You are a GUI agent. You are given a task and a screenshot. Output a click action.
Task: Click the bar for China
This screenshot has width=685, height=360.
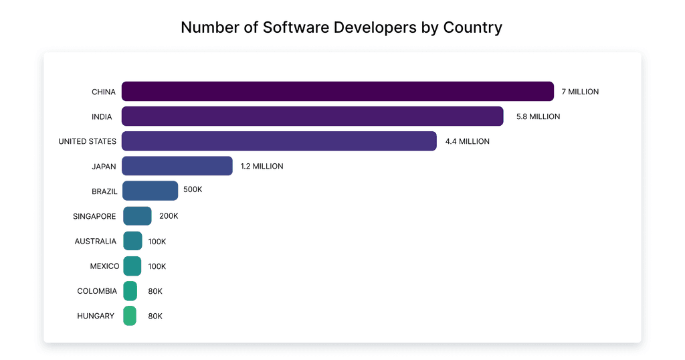pos(337,92)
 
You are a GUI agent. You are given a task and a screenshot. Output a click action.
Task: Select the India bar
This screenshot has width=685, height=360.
pos(312,116)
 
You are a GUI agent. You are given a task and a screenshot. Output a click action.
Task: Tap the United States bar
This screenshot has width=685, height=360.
pos(279,141)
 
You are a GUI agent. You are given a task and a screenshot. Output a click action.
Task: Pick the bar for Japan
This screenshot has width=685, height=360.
pos(177,166)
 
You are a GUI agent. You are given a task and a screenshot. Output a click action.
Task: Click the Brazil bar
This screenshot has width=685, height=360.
pos(150,191)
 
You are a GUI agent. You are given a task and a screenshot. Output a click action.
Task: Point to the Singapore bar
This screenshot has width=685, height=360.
pos(137,216)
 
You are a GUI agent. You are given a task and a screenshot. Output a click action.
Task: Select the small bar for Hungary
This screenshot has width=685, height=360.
pos(130,316)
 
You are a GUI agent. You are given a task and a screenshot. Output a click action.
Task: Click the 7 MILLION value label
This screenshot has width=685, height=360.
pos(580,92)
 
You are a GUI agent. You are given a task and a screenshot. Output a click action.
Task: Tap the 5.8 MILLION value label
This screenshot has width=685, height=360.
pos(538,116)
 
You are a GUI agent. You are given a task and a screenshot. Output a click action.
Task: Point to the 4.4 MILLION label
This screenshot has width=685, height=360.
pos(467,141)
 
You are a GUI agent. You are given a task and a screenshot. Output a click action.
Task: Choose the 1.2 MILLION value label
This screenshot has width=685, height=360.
pos(262,166)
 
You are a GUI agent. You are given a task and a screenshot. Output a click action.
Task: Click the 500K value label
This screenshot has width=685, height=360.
pos(193,189)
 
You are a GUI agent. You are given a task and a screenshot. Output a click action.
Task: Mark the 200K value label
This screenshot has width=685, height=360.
pos(169,216)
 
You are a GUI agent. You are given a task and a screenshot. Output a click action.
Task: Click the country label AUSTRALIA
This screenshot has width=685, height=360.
pos(95,241)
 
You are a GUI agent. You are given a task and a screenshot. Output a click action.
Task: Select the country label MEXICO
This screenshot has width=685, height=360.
pos(104,266)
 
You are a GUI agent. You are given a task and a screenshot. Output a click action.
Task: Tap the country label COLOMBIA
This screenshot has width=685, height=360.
pos(96,291)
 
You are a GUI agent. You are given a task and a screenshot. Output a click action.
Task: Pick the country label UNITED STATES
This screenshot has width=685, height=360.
pos(87,141)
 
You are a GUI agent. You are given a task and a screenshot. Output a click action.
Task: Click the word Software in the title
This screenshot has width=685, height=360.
pos(294,27)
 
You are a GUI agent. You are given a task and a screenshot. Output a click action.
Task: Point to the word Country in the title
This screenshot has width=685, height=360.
pos(472,27)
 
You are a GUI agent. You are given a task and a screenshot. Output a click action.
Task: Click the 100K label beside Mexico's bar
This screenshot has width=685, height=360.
pos(157,266)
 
